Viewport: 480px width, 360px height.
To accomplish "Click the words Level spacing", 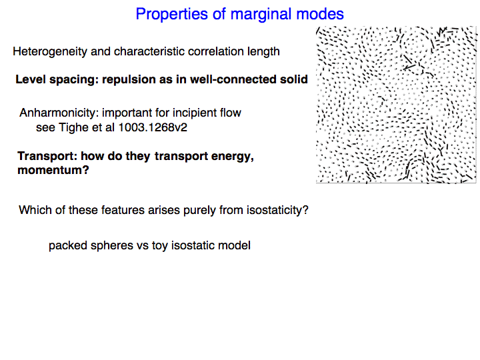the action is [57, 79].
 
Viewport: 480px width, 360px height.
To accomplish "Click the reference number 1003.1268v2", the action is [153, 127].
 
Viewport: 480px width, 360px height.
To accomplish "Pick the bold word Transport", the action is [47, 156].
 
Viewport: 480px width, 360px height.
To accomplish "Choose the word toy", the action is [160, 246].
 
